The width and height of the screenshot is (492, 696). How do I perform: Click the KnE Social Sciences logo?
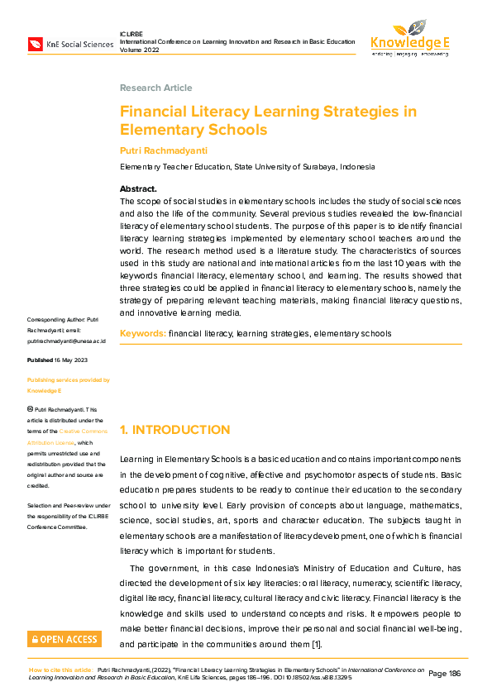coord(70,44)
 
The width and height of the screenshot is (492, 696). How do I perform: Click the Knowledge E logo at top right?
coord(410,39)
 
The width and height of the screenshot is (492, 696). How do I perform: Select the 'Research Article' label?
coord(155,88)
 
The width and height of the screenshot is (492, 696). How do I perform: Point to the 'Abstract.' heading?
coord(138,189)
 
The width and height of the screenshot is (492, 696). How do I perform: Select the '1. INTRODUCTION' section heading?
coord(174,430)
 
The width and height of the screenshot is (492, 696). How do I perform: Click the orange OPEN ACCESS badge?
coord(64,639)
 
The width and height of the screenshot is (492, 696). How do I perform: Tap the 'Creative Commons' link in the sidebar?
coord(85,431)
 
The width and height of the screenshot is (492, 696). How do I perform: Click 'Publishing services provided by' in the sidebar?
coord(68,380)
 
